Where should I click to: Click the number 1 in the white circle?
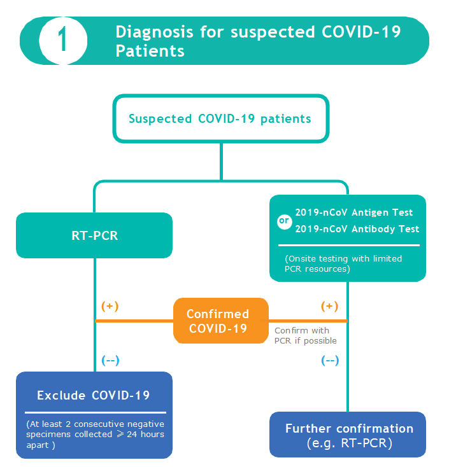coord(62,41)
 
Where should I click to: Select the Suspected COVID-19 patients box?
coord(220,118)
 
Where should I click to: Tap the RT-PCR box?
coord(94,235)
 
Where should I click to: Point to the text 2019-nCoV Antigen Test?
coord(354,213)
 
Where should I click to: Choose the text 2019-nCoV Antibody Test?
coord(357,229)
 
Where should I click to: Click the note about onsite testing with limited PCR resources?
coord(344,263)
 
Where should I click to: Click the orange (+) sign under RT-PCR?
coord(110,306)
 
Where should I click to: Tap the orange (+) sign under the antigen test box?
coord(329,306)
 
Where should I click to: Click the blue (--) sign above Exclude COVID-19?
coord(110,360)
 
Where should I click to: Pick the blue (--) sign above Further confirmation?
coord(329,360)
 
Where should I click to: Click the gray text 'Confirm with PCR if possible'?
coord(305,336)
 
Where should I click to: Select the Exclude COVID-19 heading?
coord(94,395)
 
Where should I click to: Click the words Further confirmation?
coord(349,428)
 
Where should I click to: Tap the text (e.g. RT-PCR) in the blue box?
coord(349,443)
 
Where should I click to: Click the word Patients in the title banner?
coord(150,51)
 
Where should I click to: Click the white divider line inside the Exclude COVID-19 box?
coord(94,413)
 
